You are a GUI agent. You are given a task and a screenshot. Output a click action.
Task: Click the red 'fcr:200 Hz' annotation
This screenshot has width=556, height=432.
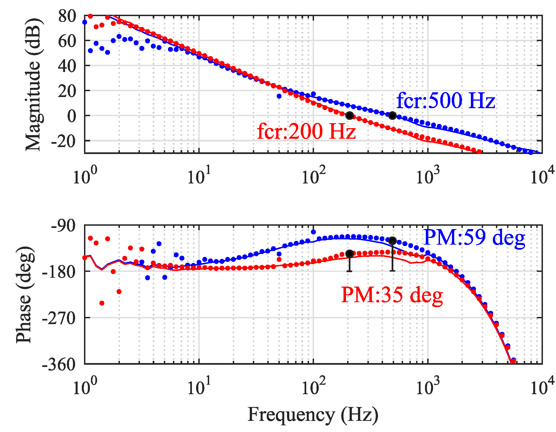[307, 131]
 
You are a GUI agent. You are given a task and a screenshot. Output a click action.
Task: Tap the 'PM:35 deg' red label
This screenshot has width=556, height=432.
[392, 295]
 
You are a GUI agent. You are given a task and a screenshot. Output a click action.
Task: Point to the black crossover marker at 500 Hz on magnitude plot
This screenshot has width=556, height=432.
[392, 115]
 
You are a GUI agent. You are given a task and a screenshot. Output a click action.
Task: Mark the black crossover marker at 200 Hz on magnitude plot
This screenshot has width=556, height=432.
[350, 115]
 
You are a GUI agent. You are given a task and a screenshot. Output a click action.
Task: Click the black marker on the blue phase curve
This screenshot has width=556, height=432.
[392, 241]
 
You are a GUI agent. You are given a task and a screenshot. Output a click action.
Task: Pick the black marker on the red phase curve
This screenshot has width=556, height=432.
[350, 254]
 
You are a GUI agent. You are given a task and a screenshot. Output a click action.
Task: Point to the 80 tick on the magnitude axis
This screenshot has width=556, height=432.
[67, 16]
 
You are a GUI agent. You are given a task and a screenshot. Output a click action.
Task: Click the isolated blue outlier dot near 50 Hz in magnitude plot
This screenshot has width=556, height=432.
[279, 96]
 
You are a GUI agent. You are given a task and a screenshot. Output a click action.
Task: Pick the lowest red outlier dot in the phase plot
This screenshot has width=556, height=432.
[102, 303]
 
